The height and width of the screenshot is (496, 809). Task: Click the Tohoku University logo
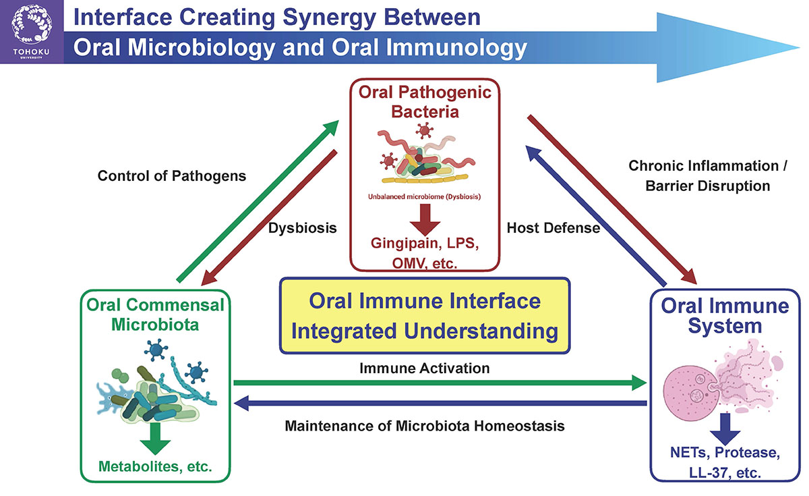[31, 32]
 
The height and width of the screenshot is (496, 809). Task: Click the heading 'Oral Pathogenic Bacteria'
[425, 101]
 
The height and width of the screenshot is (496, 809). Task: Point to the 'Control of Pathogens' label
[172, 176]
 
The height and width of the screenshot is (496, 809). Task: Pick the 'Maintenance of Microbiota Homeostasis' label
[424, 426]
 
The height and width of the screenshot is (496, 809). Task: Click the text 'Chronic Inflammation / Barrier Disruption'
[699, 175]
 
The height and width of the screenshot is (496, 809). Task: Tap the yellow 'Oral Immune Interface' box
[425, 316]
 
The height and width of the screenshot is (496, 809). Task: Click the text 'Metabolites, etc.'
[156, 466]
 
